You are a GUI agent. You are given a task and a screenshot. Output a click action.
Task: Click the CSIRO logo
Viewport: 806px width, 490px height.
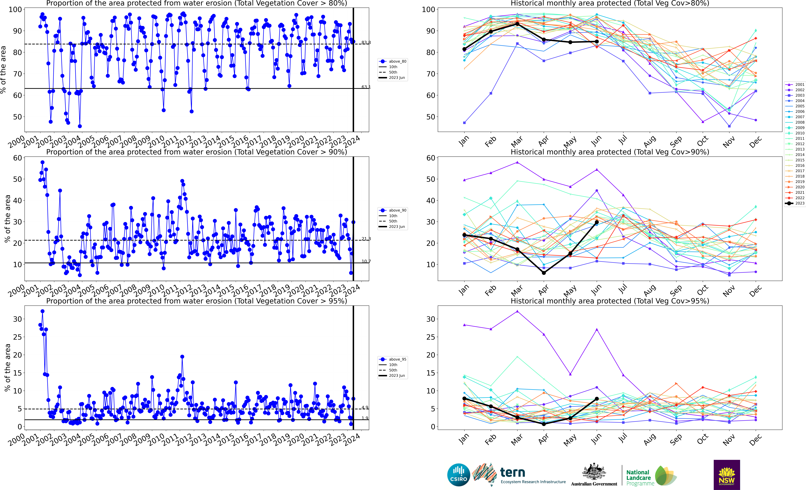coord(459,475)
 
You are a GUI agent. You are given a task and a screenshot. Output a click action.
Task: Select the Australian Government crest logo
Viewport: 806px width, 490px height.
coord(594,472)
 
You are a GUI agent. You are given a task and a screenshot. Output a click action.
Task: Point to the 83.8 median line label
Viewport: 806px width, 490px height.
coord(366,42)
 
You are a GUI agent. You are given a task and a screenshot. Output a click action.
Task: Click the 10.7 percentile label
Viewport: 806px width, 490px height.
coord(366,261)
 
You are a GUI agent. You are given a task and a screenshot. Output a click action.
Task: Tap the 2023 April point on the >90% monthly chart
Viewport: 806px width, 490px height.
coord(544,273)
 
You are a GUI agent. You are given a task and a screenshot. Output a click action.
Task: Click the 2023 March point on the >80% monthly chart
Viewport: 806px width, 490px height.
coord(517,24)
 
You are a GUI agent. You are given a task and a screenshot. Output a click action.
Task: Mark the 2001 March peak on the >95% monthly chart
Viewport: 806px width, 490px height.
coord(517,311)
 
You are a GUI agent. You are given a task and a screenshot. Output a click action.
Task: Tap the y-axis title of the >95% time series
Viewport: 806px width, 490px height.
coord(7,368)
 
